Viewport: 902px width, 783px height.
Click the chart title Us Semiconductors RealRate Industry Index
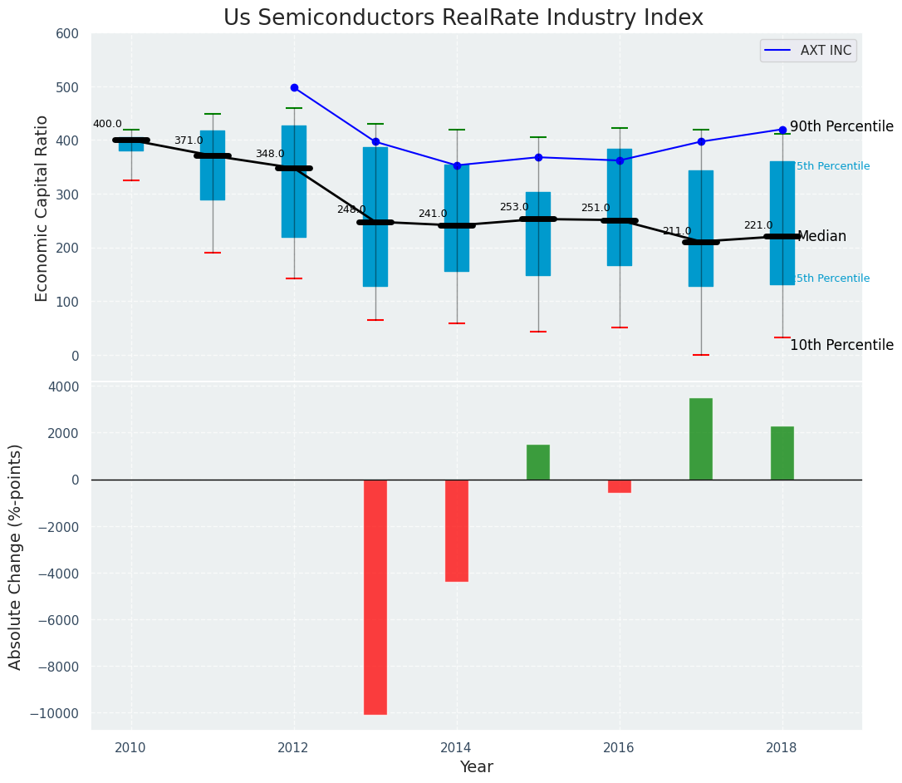[x=463, y=18]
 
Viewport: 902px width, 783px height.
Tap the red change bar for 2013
[x=375, y=597]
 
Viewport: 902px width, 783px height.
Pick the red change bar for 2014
[x=457, y=530]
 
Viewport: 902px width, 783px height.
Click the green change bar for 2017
[x=701, y=439]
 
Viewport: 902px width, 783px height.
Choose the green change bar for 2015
[x=538, y=462]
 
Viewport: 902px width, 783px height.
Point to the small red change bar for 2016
[x=620, y=486]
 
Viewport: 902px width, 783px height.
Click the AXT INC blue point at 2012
[x=294, y=87]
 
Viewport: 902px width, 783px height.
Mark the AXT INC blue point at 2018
[x=782, y=130]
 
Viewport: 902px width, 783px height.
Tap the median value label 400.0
[x=107, y=124]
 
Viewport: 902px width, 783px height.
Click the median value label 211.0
[x=677, y=231]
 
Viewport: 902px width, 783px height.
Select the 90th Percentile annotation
[x=841, y=127]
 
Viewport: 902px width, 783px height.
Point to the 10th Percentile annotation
[x=841, y=346]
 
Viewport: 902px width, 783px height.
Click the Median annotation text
[x=821, y=237]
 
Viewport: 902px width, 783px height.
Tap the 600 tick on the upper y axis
[x=67, y=34]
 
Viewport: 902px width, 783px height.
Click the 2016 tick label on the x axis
[x=619, y=747]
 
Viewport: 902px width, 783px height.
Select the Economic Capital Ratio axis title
[x=42, y=197]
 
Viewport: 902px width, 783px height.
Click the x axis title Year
[x=477, y=767]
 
